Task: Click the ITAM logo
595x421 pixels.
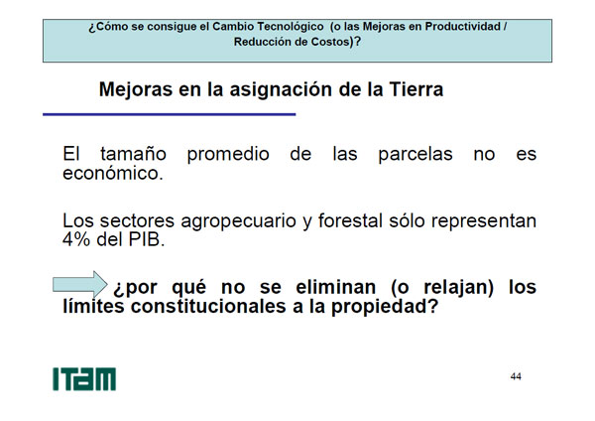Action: tap(84, 379)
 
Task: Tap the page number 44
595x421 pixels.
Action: tap(516, 376)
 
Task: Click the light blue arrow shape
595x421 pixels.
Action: tap(80, 285)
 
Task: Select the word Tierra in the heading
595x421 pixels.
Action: tap(416, 89)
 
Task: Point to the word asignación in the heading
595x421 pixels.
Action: tap(281, 90)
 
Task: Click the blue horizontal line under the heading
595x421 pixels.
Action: tap(170, 114)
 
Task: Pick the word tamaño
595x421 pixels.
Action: tap(133, 154)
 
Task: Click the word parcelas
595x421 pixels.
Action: tap(416, 154)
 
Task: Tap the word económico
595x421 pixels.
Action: tap(113, 174)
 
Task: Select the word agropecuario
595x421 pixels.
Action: tap(238, 221)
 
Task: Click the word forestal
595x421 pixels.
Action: tap(350, 220)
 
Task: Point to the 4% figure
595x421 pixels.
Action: tap(76, 239)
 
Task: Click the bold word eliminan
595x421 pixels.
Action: tap(336, 287)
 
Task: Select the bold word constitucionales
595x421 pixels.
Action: tap(208, 307)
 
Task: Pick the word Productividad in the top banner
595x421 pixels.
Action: tap(463, 27)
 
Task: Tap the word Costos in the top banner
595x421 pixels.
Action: tap(330, 42)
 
